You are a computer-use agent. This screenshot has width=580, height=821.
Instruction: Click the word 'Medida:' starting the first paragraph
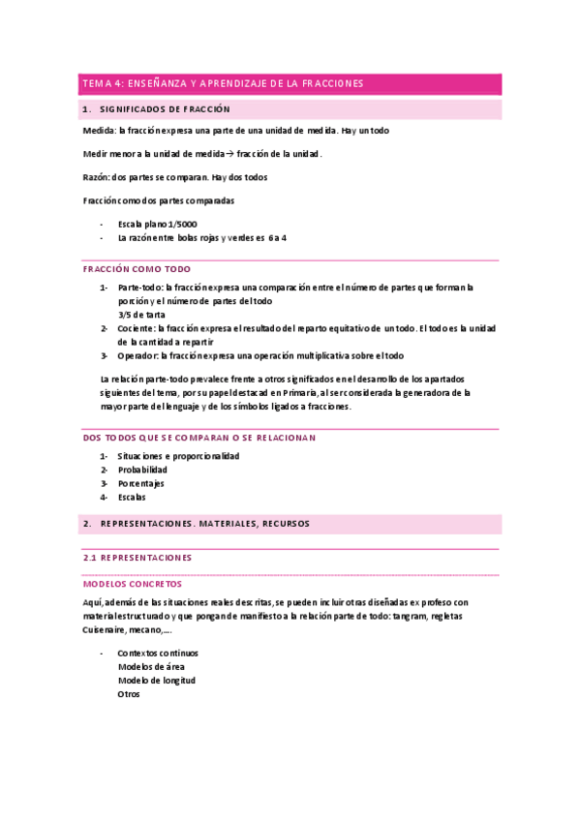pos(99,131)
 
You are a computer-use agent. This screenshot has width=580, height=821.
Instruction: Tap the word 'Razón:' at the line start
pos(97,177)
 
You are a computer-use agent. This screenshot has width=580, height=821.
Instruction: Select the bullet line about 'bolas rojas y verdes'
pos(201,237)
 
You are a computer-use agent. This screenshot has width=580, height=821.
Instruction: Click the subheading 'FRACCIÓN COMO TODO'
pos(137,269)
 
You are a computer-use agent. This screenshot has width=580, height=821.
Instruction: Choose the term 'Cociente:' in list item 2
pos(138,328)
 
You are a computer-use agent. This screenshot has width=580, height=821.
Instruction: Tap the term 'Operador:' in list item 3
pos(139,355)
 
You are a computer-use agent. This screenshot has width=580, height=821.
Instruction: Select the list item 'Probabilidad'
pos(143,470)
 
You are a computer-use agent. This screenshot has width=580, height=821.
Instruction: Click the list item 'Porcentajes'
pos(141,483)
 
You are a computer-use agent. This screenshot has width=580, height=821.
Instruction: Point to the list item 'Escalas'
pos(132,497)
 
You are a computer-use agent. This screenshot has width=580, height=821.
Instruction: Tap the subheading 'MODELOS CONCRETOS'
pos(133,585)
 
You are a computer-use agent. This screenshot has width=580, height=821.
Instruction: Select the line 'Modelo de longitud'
pos(156,681)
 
